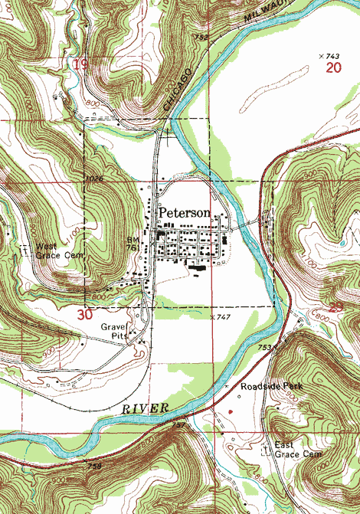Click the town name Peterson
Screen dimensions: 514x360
click(185, 212)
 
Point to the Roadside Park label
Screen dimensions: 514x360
click(271, 387)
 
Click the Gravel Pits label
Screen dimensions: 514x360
click(115, 331)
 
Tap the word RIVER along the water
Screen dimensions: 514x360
click(145, 411)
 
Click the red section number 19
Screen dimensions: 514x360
click(80, 65)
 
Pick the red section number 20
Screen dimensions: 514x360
click(332, 68)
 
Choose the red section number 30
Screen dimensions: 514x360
click(85, 314)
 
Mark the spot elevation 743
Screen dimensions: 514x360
click(330, 57)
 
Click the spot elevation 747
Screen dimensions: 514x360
click(223, 316)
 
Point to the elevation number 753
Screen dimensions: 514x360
click(265, 347)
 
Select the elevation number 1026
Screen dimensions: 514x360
click(95, 179)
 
